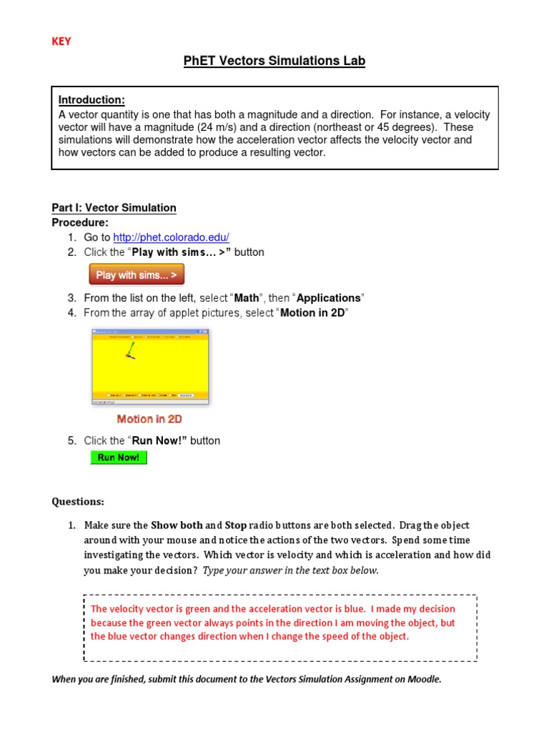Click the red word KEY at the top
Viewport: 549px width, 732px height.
click(61, 41)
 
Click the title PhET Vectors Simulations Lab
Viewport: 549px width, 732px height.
click(274, 61)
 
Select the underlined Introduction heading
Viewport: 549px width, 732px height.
click(91, 99)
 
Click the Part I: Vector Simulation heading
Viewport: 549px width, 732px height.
click(114, 208)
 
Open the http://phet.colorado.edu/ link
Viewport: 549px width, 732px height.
click(172, 237)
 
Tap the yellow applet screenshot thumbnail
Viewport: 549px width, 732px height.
click(150, 365)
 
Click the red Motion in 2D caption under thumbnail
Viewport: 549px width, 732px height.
click(149, 420)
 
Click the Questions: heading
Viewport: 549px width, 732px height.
click(78, 501)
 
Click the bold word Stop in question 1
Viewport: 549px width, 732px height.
click(236, 525)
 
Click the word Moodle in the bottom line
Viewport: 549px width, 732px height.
click(422, 679)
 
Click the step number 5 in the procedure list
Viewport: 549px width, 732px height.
click(71, 441)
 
